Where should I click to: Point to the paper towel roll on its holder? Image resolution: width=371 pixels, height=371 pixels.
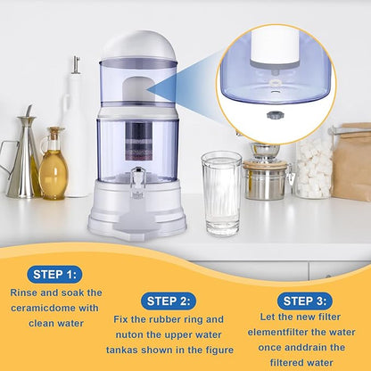pyautogui.click(x=81, y=134)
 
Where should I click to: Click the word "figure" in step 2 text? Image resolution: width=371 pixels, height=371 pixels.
pyautogui.click(x=218, y=349)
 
